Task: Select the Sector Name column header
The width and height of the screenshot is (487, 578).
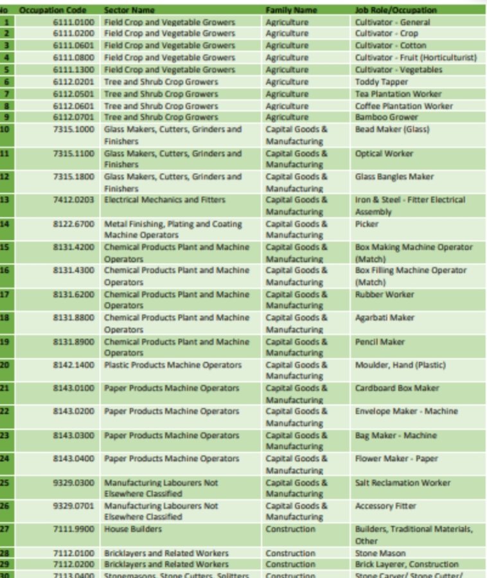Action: tap(129, 10)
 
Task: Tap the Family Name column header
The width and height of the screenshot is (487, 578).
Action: tap(291, 10)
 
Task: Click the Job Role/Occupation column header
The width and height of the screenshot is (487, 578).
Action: tap(396, 10)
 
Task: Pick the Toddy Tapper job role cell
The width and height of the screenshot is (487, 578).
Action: tap(381, 82)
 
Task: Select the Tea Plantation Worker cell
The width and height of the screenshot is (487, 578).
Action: tap(398, 94)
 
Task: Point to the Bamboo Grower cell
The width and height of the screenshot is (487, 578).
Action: tap(386, 118)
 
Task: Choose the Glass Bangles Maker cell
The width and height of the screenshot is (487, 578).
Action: tap(394, 177)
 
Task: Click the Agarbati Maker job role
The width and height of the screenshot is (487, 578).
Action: tap(385, 318)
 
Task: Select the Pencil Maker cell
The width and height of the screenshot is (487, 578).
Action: tap(380, 341)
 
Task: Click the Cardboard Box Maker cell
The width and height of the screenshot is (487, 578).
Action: tap(396, 388)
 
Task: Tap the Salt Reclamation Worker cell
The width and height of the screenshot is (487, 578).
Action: tap(402, 483)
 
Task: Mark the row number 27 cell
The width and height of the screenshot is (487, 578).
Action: tap(6, 529)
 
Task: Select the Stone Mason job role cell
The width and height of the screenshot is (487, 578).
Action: tap(380, 553)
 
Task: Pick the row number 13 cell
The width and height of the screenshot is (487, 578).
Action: tap(6, 200)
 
